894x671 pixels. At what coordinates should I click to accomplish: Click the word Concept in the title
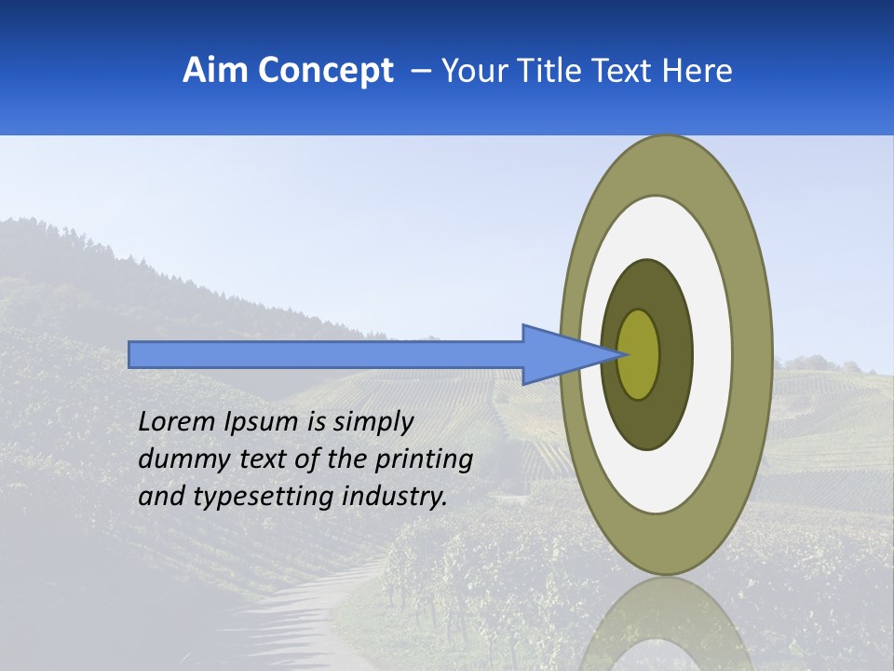click(324, 71)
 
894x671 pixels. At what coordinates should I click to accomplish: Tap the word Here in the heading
click(696, 71)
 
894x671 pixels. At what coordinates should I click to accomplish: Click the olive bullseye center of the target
click(639, 355)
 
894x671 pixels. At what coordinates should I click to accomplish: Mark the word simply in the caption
click(372, 423)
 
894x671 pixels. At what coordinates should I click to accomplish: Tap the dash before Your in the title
click(420, 71)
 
